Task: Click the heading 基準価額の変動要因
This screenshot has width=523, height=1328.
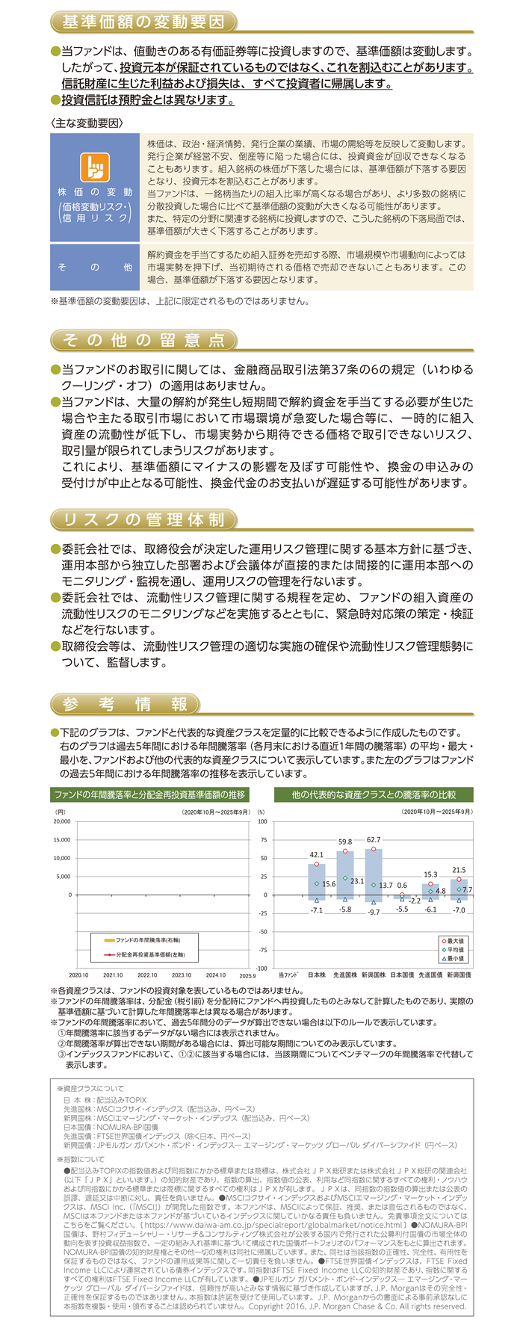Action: tap(143, 22)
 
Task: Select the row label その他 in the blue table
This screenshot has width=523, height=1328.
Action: tap(95, 267)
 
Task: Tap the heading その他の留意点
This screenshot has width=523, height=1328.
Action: tap(143, 340)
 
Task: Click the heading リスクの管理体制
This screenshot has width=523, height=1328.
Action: tap(143, 519)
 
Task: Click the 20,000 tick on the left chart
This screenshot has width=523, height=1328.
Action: tap(61, 821)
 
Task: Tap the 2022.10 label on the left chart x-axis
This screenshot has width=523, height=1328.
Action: tap(147, 975)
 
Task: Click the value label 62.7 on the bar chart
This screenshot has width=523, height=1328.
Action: tap(374, 841)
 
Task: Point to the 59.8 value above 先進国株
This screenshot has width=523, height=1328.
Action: tap(345, 843)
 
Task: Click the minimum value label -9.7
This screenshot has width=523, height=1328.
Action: tap(374, 912)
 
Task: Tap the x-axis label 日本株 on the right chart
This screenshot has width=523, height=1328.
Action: tap(317, 975)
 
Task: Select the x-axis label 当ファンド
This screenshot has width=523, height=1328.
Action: tap(288, 975)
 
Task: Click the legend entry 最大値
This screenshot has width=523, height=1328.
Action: tap(455, 941)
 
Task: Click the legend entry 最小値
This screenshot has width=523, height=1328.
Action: tap(455, 958)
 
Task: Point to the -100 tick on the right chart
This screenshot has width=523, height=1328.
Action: tap(262, 969)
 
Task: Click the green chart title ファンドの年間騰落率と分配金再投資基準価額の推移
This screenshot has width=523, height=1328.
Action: tap(150, 794)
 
